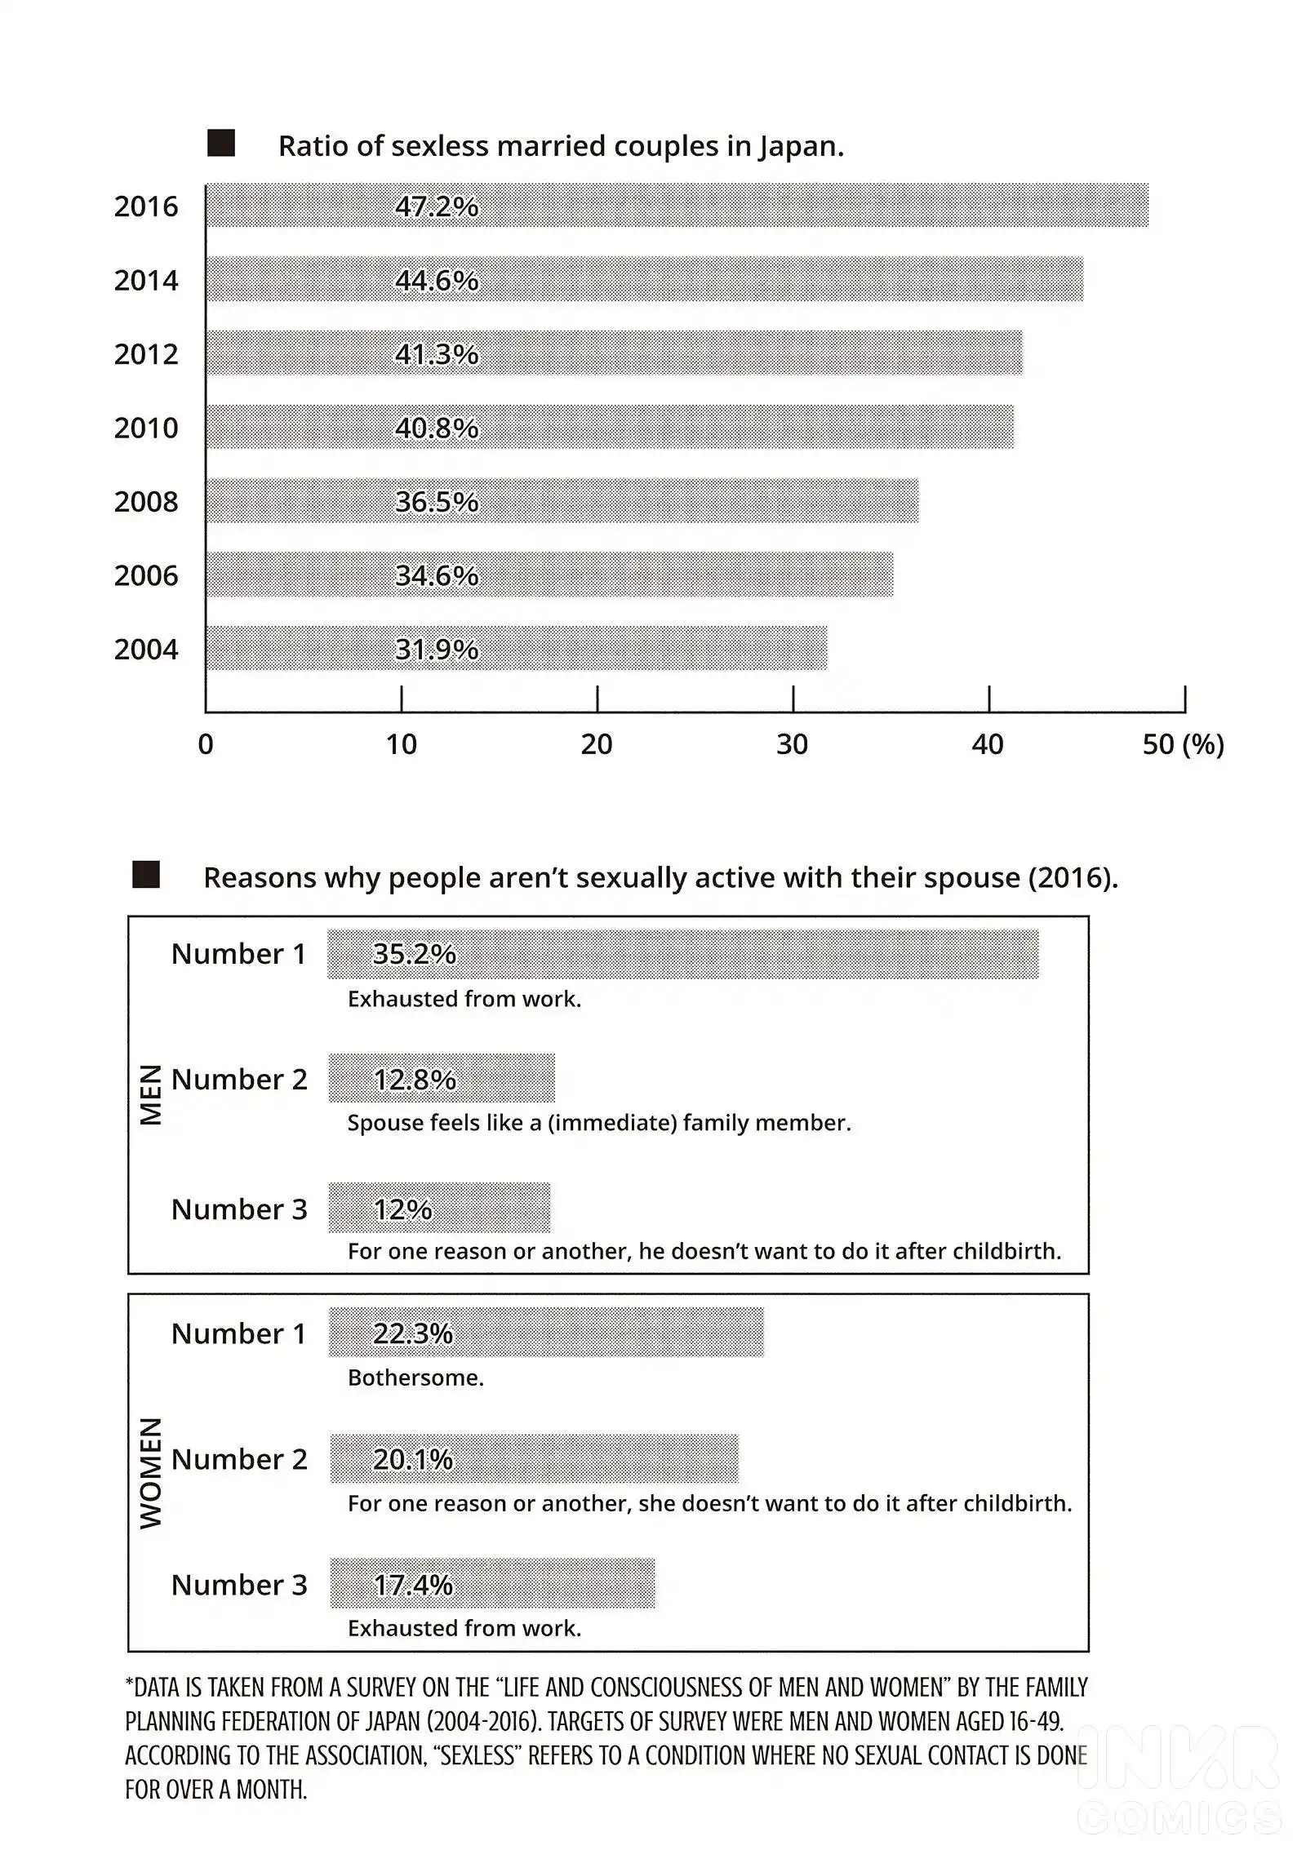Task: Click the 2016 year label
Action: click(x=146, y=206)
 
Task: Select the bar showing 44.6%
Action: click(x=645, y=279)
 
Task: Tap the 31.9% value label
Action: click(x=437, y=650)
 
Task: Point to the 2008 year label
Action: click(x=146, y=502)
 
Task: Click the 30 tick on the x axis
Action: click(x=792, y=744)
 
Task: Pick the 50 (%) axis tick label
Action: click(x=1183, y=744)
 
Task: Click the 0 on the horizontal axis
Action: click(x=206, y=744)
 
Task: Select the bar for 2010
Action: click(x=610, y=427)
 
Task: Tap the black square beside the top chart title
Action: click(x=221, y=143)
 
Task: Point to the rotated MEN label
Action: click(x=151, y=1095)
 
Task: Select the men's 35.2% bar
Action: click(x=683, y=954)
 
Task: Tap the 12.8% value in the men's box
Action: click(x=415, y=1080)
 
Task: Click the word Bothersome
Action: click(x=415, y=1378)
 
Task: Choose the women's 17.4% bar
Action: click(x=492, y=1583)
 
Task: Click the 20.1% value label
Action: click(x=413, y=1459)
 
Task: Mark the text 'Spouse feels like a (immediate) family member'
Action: click(x=598, y=1124)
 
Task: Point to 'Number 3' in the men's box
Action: click(x=239, y=1209)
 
